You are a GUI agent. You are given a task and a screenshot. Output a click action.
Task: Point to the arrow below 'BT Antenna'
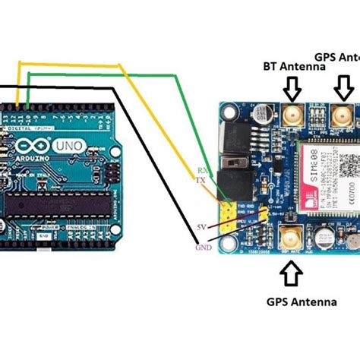pyautogui.click(x=292, y=90)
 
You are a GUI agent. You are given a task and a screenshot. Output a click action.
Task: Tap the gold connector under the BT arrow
pyautogui.click(x=291, y=115)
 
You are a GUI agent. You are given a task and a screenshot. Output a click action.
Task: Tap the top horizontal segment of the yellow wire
pyautogui.click(x=68, y=65)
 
